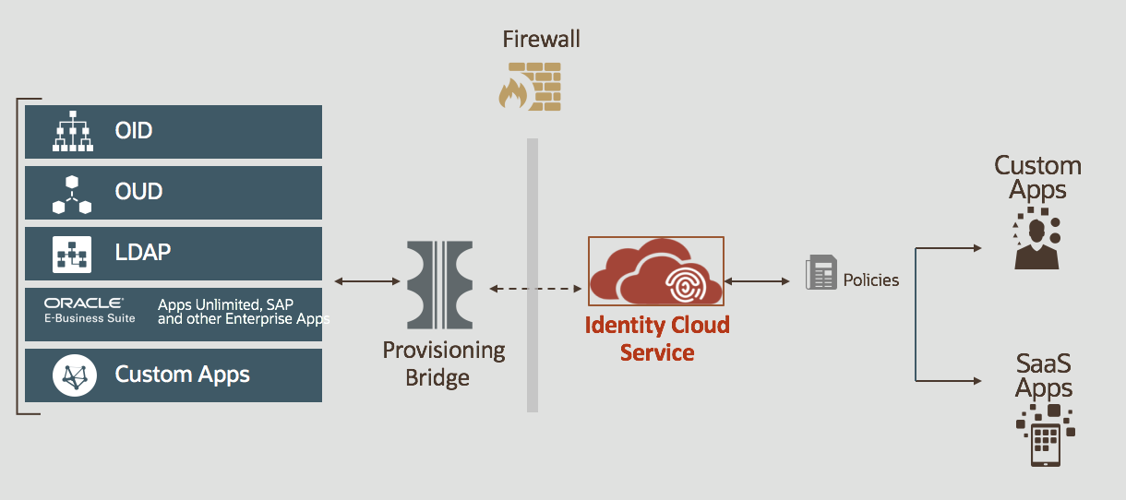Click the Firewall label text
pyautogui.click(x=541, y=39)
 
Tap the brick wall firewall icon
pyautogui.click(x=530, y=86)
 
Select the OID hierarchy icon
pyautogui.click(x=73, y=132)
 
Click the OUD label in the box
pyautogui.click(x=138, y=192)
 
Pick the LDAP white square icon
pyautogui.click(x=72, y=253)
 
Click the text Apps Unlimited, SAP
pyautogui.click(x=225, y=304)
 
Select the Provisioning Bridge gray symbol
pyautogui.click(x=439, y=284)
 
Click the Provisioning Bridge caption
pyautogui.click(x=444, y=363)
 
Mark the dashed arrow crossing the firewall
pyautogui.click(x=534, y=289)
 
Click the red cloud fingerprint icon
pyautogui.click(x=656, y=271)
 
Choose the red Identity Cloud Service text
pyautogui.click(x=657, y=338)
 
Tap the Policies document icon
pyautogui.click(x=821, y=273)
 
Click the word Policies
pyautogui.click(x=870, y=280)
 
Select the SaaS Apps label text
pyautogui.click(x=1044, y=375)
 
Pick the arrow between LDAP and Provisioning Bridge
pyautogui.click(x=364, y=280)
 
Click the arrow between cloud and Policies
pyautogui.click(x=759, y=280)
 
